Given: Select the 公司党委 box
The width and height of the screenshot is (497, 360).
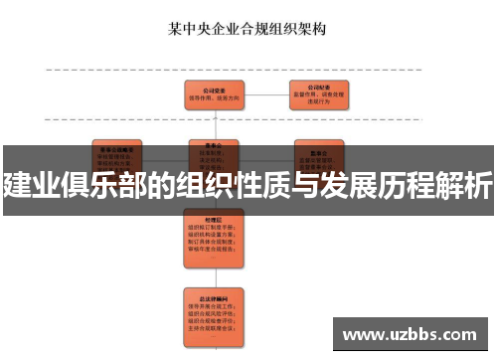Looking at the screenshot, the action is (x=216, y=93).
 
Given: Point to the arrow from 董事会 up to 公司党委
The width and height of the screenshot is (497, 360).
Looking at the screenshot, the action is (x=216, y=122).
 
